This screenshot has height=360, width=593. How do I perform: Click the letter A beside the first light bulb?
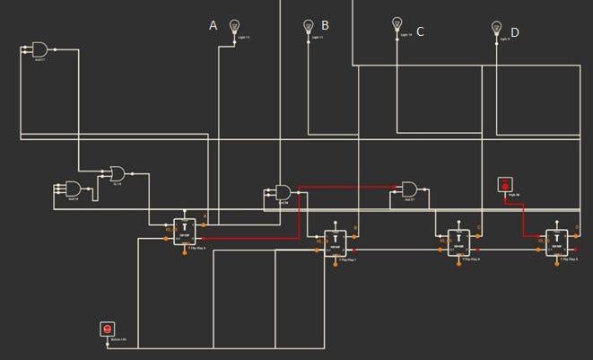(214, 26)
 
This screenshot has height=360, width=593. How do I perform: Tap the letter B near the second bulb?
(325, 26)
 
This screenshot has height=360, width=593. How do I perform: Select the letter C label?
(420, 31)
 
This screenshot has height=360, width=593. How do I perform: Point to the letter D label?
(515, 33)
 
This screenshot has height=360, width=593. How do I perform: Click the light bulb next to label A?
(236, 27)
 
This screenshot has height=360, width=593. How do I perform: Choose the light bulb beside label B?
(308, 27)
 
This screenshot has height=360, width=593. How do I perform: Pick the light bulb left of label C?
(397, 24)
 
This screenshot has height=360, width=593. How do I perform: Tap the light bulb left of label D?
(496, 29)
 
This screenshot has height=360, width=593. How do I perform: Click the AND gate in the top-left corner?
(40, 49)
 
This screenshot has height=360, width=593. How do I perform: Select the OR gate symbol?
(118, 171)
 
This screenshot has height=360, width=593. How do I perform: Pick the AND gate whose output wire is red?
(283, 192)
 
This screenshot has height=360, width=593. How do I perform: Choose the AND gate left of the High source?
(409, 189)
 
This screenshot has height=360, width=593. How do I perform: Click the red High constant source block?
(503, 186)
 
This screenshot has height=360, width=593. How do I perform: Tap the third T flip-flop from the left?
(458, 242)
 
